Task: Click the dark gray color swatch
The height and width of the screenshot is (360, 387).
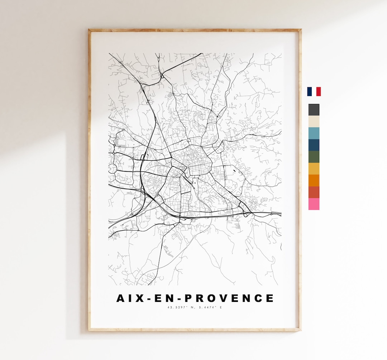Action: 314,110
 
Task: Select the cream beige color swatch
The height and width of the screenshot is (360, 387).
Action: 314,121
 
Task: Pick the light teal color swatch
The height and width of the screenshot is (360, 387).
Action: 314,133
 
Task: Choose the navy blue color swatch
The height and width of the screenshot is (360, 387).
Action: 314,145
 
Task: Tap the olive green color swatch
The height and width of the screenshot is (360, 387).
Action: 314,157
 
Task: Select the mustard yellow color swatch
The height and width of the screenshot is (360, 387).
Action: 314,169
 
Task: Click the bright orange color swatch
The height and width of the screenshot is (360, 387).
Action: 314,180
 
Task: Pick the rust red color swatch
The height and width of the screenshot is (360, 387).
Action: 314,192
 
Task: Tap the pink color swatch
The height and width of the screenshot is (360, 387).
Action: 314,204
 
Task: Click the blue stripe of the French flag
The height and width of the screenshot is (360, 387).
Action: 309,91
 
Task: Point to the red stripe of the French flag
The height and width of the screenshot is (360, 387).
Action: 319,91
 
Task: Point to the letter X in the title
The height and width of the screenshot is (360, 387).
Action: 138,298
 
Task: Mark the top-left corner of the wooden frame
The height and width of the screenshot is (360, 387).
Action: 89,30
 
